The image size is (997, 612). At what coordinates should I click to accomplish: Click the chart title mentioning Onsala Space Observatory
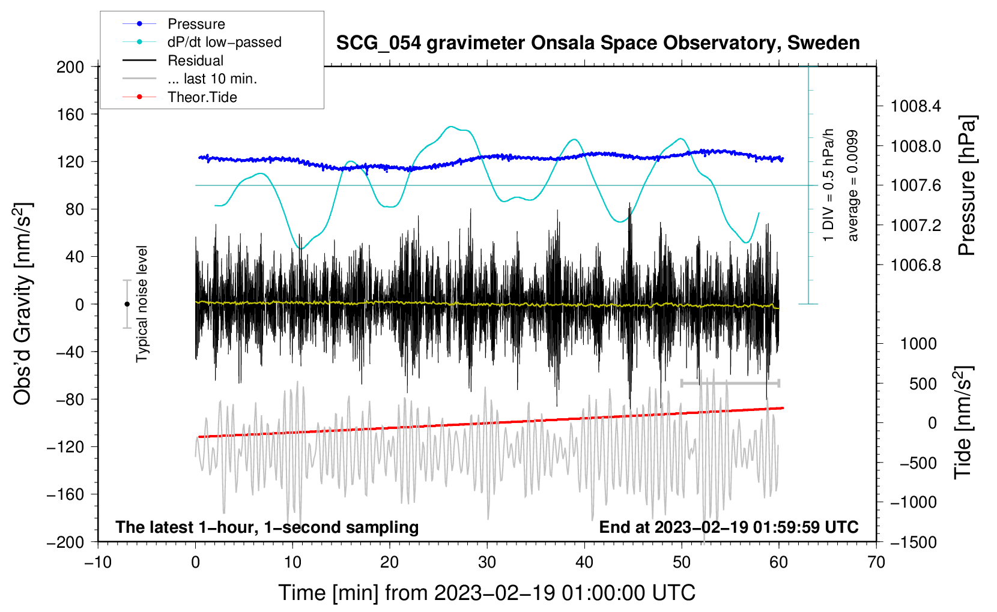tap(598, 43)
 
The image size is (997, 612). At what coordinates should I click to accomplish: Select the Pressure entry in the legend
tap(196, 24)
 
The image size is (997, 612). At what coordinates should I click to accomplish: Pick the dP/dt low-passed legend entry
tap(224, 42)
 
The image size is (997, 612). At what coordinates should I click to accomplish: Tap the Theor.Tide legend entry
tap(202, 97)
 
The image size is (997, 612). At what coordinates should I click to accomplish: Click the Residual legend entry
tap(195, 61)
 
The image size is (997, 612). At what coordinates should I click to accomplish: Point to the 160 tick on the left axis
tap(70, 114)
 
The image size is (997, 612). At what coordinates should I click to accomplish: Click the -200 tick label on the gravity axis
tap(65, 542)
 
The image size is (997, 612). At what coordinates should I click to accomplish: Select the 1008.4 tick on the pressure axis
tap(915, 107)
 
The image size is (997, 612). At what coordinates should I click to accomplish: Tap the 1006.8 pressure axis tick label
tap(915, 265)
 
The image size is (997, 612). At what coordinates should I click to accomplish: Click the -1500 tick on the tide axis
tap(914, 542)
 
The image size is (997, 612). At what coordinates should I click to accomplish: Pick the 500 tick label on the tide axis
tap(923, 383)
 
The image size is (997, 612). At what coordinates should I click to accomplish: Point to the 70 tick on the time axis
tap(876, 562)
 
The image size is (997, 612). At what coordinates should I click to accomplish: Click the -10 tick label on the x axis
tap(98, 562)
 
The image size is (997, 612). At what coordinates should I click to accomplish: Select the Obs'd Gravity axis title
tap(23, 304)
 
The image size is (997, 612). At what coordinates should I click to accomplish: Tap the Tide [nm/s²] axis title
tap(963, 422)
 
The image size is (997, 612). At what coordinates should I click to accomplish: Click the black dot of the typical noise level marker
tap(127, 304)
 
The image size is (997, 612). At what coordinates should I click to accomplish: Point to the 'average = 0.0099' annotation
tap(853, 186)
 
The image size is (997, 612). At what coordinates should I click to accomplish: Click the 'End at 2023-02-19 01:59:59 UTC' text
tap(729, 527)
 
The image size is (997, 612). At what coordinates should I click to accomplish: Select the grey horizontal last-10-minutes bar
tap(730, 383)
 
